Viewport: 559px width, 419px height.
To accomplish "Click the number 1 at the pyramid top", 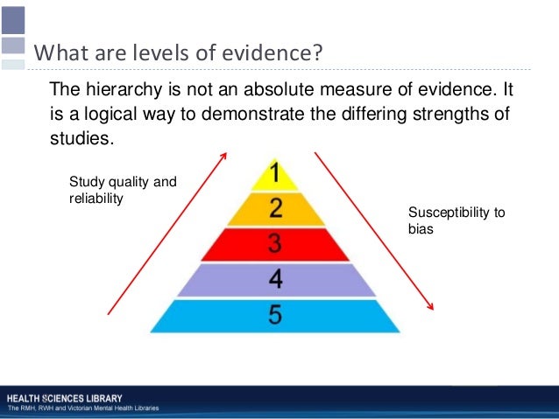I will pyautogui.click(x=275, y=174).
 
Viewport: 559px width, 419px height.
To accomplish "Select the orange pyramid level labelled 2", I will pyautogui.click(x=275, y=208).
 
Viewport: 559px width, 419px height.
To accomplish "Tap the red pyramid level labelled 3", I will pyautogui.click(x=275, y=243).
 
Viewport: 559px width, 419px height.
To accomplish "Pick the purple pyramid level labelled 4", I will pyautogui.click(x=275, y=279).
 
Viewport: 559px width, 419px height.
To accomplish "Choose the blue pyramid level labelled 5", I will pyautogui.click(x=275, y=314).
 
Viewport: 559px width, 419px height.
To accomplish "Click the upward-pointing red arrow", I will pyautogui.click(x=166, y=232).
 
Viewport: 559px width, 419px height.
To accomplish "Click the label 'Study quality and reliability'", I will pyautogui.click(x=122, y=190).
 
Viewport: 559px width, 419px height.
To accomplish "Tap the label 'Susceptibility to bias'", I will pyautogui.click(x=456, y=220).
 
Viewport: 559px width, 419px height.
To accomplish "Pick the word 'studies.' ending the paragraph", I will pyautogui.click(x=82, y=139).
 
